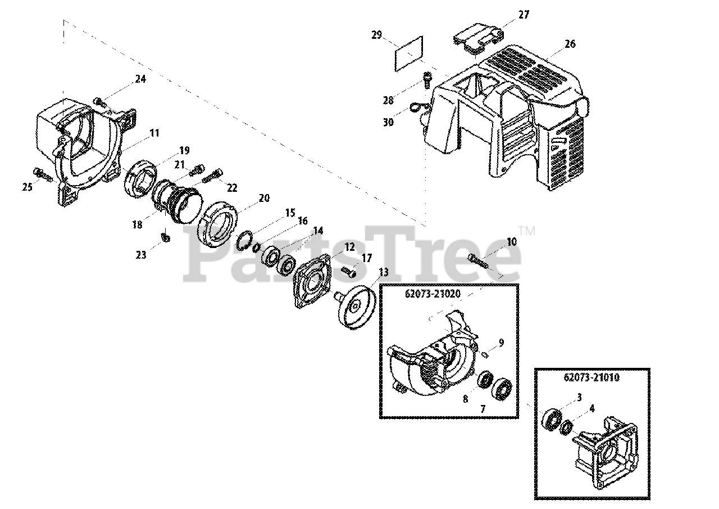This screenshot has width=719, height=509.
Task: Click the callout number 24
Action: click(140, 79)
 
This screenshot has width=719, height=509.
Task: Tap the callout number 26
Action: click(570, 44)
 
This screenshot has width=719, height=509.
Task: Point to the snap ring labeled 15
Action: click(244, 238)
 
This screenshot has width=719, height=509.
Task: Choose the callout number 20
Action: click(264, 198)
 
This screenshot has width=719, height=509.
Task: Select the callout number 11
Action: click(154, 133)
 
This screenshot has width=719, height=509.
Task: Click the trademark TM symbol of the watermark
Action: click(526, 230)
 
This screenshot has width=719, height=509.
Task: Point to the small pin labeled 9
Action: click(485, 354)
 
